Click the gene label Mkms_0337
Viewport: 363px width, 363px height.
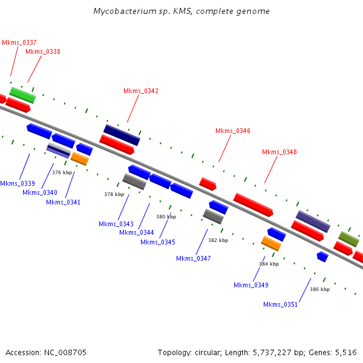(19, 42)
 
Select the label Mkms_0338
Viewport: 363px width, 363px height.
(43, 51)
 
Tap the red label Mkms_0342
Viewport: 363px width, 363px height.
(141, 91)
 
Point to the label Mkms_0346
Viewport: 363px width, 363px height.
(233, 131)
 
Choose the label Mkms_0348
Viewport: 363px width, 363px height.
(280, 152)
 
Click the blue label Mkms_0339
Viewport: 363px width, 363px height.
(18, 183)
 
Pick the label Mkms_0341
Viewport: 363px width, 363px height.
(63, 202)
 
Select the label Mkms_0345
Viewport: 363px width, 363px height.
(158, 242)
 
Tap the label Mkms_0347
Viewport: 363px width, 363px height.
(194, 258)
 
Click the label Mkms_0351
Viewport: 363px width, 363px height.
(280, 304)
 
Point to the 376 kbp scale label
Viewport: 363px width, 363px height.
(62, 172)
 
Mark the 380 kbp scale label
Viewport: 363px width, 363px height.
(166, 217)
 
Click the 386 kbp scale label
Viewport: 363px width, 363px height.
(320, 289)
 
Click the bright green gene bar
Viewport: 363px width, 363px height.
(22, 95)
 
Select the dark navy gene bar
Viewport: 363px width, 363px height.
(122, 135)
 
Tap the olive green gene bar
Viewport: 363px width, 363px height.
(348, 239)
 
